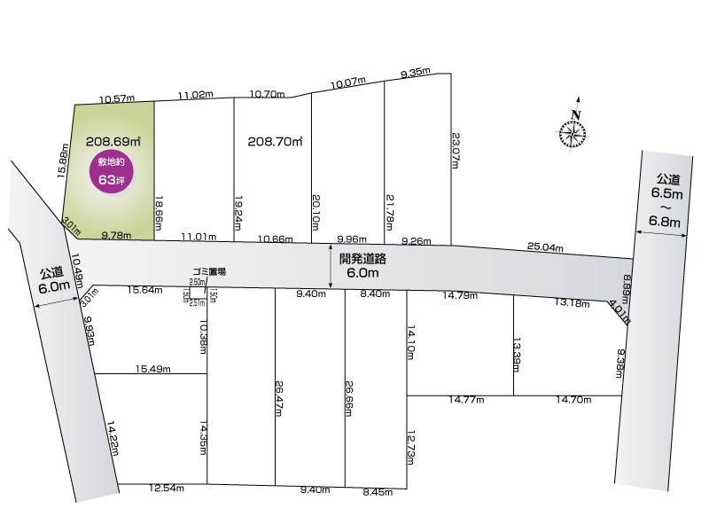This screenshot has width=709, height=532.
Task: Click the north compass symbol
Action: (573, 131)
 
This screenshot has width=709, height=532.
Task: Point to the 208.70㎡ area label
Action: (275, 141)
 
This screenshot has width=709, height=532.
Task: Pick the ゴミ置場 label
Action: (209, 271)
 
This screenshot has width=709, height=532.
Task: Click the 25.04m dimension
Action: (545, 247)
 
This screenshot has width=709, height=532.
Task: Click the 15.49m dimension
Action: (152, 369)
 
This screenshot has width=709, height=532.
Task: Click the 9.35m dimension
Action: (415, 73)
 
